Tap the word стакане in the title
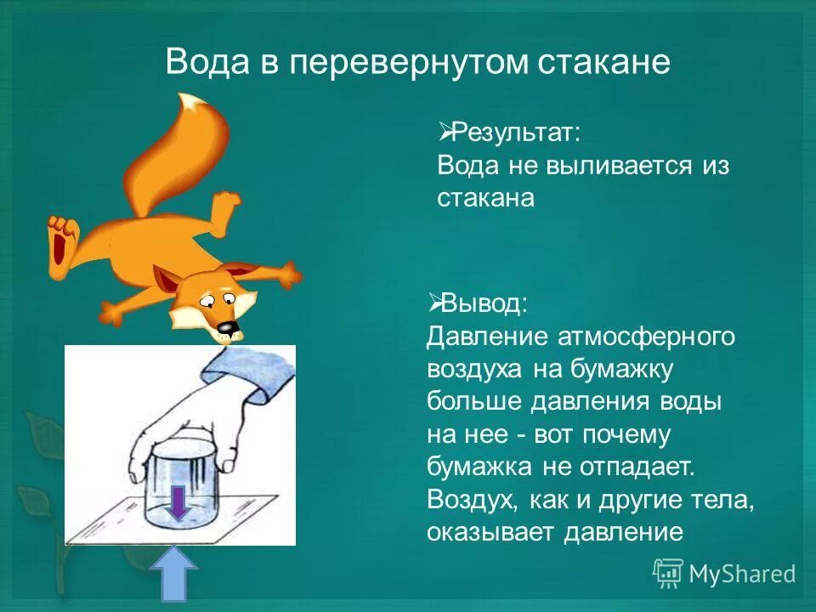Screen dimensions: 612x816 click(x=603, y=62)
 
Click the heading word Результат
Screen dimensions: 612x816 click(x=515, y=132)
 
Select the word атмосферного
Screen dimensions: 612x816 click(x=645, y=337)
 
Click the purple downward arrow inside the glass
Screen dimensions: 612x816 click(x=177, y=502)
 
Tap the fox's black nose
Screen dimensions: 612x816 click(x=226, y=327)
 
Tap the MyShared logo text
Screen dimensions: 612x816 click(x=741, y=574)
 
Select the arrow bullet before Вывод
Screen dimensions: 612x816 click(x=433, y=302)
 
